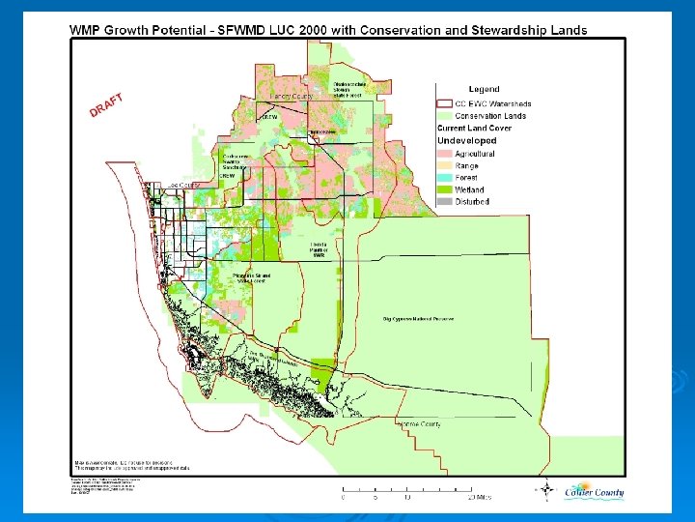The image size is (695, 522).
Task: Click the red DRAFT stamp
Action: tap(109, 103)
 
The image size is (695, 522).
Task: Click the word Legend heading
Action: tap(484, 89)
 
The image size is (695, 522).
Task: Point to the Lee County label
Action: tap(182, 184)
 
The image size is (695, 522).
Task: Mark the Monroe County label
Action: tap(419, 423)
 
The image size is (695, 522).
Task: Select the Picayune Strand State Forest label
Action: tap(251, 278)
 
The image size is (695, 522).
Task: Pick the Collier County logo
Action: tap(593, 493)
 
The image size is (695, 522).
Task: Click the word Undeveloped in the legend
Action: tap(467, 140)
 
